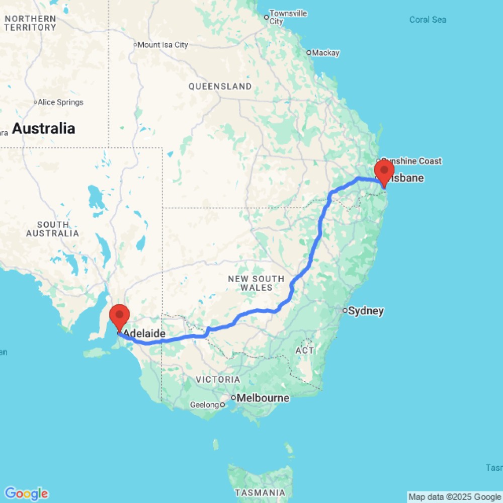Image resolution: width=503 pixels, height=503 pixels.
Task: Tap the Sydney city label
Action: (366, 311)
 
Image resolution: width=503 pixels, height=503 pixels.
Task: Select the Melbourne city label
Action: (263, 398)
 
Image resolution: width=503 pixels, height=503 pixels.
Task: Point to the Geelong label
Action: (205, 404)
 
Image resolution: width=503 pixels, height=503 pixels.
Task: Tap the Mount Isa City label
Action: (162, 45)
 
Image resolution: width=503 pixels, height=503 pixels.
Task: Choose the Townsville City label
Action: (288, 17)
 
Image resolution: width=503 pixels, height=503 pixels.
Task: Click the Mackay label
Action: (326, 53)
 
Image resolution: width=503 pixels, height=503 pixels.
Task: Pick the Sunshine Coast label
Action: (411, 161)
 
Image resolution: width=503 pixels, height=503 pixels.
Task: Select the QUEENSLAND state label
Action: (220, 87)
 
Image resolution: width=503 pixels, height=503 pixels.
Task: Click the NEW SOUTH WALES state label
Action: (256, 283)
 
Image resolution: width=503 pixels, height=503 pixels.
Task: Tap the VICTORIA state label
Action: (218, 379)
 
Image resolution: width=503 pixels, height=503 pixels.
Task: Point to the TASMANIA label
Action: (261, 492)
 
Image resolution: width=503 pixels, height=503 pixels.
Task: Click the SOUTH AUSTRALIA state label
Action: (52, 229)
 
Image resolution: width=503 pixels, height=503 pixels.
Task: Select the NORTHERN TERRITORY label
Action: (30, 23)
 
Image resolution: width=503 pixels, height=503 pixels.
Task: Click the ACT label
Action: (305, 350)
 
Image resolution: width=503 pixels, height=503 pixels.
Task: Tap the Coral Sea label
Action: (428, 20)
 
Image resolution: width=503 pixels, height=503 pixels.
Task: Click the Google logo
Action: (26, 493)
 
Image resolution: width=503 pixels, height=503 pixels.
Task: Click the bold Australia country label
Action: (43, 128)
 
